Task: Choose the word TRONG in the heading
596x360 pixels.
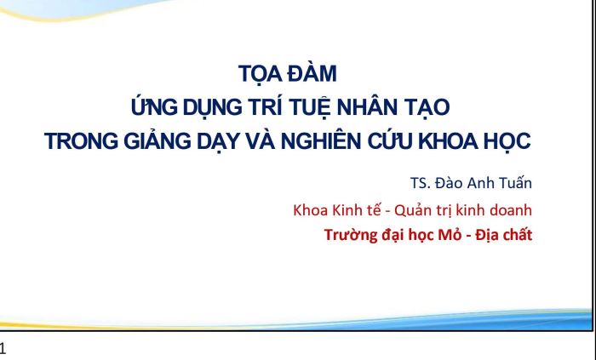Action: (82, 141)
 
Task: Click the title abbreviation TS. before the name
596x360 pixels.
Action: (421, 184)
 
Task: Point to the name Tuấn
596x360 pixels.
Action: (515, 183)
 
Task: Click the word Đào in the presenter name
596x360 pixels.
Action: (449, 183)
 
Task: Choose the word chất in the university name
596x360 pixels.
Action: (518, 235)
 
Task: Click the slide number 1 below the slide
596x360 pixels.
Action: (3, 349)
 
